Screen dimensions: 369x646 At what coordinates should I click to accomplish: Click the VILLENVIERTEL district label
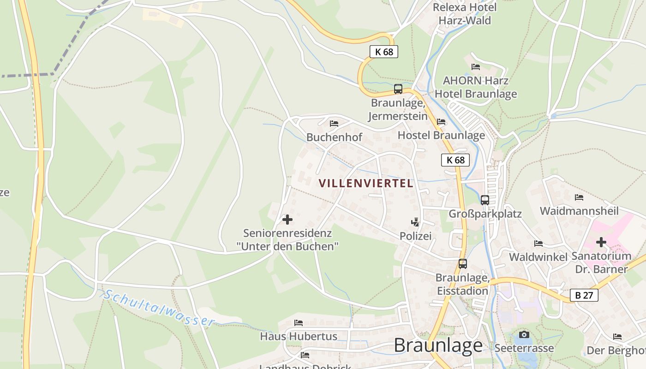point(366,183)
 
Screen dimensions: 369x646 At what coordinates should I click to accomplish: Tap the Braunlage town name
point(438,345)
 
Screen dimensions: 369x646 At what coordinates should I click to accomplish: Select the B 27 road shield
point(584,295)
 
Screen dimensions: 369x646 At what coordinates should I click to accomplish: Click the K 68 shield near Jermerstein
point(384,52)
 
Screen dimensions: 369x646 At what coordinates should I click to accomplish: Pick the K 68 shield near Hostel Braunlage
point(455,160)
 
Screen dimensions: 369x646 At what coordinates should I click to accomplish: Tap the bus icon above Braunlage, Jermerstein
point(398,89)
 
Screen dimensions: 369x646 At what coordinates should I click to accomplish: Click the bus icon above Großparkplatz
point(484,200)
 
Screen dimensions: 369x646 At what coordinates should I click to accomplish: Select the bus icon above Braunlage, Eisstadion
point(462,264)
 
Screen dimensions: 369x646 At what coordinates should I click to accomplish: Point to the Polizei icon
point(415,222)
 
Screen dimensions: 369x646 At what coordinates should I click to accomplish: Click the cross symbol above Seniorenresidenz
point(287,220)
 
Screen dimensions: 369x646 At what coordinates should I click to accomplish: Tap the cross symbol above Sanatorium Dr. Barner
point(601,242)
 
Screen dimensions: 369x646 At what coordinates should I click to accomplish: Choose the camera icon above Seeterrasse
point(524,334)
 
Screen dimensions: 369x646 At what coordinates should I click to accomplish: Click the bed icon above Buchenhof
point(334,124)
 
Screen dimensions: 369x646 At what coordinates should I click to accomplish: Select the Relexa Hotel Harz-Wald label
point(465,14)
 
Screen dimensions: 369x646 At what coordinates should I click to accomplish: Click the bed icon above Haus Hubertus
point(299,323)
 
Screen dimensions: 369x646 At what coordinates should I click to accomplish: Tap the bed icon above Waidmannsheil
point(579,197)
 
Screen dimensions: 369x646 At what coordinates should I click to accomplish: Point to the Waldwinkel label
point(538,257)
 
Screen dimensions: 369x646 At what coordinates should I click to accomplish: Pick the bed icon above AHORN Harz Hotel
point(476,67)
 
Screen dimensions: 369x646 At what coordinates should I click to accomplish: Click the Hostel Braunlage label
point(441,135)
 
